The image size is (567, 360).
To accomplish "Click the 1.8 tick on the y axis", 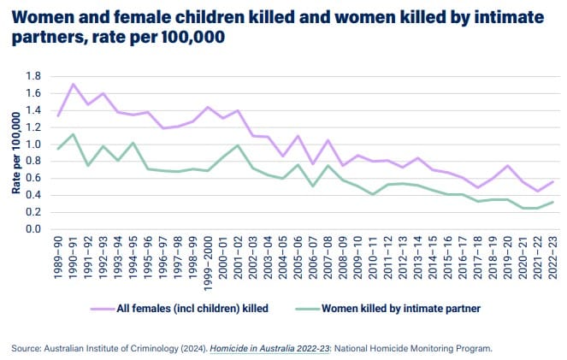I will coord(32,76).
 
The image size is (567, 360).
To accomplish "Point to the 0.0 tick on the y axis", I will coord(32,229).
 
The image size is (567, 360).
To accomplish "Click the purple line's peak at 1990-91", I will coord(73,84).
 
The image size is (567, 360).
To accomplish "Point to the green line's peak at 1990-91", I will coord(73,134).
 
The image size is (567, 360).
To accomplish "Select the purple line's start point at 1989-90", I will coord(57,115).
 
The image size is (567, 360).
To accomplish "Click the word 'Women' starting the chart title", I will coord(43,15).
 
